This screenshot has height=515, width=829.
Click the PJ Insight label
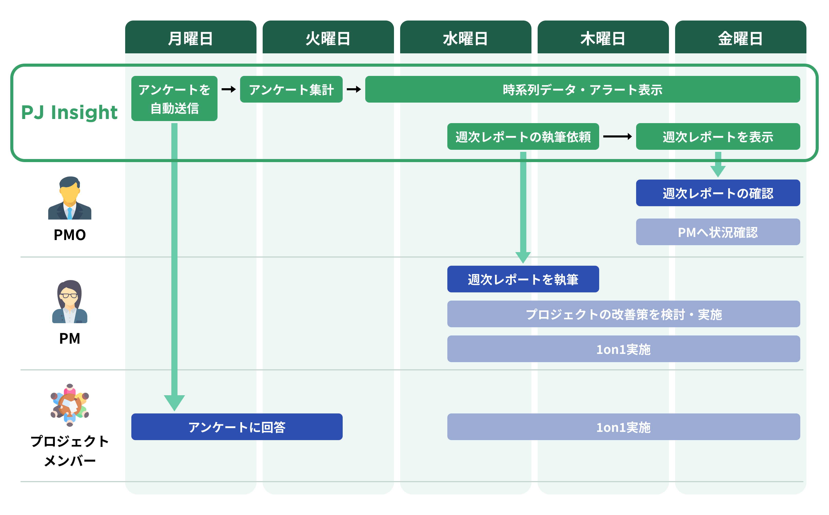tap(69, 112)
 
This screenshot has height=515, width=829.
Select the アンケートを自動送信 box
tap(174, 98)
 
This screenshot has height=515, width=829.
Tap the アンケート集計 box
tap(291, 89)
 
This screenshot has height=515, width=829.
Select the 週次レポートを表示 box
tap(718, 137)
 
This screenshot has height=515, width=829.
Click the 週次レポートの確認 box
tap(718, 193)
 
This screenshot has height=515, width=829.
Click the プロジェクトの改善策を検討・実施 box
tap(623, 314)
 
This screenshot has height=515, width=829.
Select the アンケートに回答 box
tap(237, 427)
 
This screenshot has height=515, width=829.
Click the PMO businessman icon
tap(70, 198)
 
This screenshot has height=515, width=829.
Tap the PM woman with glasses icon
tap(70, 302)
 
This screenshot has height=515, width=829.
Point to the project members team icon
tap(70, 405)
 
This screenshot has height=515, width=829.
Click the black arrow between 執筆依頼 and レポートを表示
tap(617, 137)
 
